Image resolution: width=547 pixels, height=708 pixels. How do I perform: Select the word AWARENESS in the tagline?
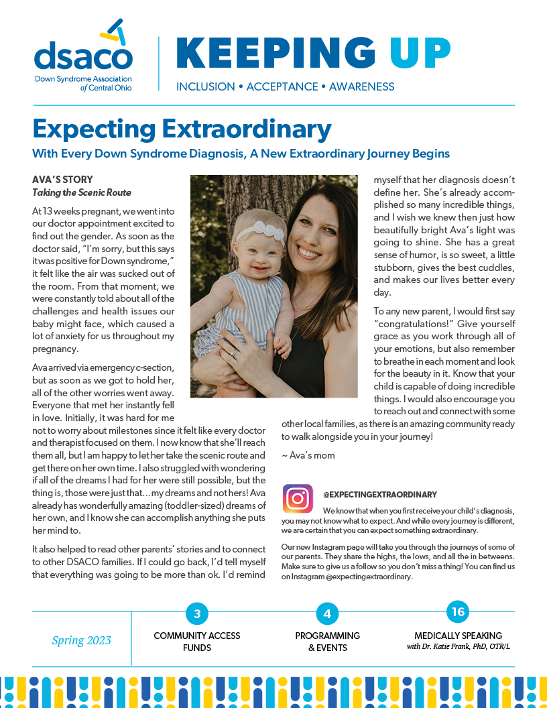coord(361,86)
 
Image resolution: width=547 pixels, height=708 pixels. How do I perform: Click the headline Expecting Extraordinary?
coord(182,128)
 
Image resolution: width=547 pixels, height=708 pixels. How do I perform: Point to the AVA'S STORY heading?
coord(62,180)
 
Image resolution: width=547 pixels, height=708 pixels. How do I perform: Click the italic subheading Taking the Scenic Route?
coord(82,192)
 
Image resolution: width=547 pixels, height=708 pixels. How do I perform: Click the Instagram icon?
coord(298,499)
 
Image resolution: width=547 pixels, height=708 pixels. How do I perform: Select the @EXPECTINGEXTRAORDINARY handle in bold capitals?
coord(379,494)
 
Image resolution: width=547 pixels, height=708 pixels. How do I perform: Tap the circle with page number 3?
coord(196,613)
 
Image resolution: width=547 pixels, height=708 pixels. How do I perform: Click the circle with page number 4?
coord(327,613)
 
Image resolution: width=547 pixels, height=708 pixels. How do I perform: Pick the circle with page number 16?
coord(458,611)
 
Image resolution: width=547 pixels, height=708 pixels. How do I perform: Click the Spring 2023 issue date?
coord(82,640)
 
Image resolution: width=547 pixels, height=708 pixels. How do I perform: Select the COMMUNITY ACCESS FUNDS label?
coord(196,642)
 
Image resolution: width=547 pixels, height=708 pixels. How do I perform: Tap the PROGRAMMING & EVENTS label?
coord(327,642)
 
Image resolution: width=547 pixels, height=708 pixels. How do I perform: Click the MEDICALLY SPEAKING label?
coord(458,636)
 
